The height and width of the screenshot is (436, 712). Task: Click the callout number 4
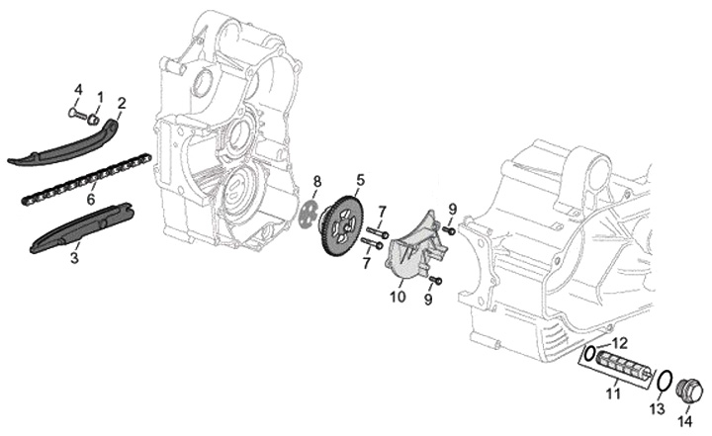(x=78, y=91)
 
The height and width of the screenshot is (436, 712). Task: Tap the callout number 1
(x=100, y=96)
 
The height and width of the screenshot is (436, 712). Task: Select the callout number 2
(x=122, y=103)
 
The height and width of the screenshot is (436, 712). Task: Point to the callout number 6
(x=91, y=199)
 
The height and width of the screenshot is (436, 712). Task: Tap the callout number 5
(x=360, y=180)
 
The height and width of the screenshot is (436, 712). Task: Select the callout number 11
(x=612, y=393)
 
